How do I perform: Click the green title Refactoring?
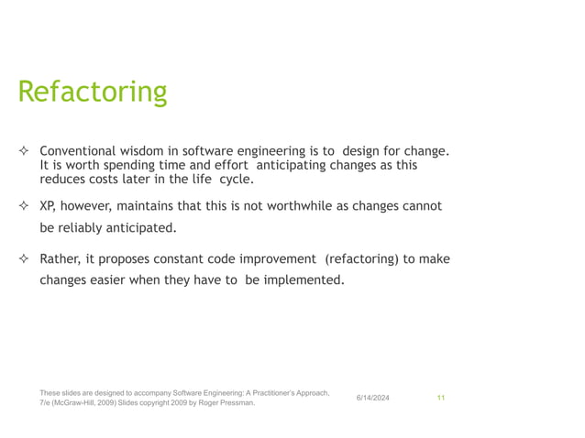pyautogui.click(x=93, y=93)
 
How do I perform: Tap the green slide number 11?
pyautogui.click(x=441, y=398)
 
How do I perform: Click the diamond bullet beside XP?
pyautogui.click(x=25, y=207)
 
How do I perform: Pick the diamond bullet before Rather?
pyautogui.click(x=25, y=260)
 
